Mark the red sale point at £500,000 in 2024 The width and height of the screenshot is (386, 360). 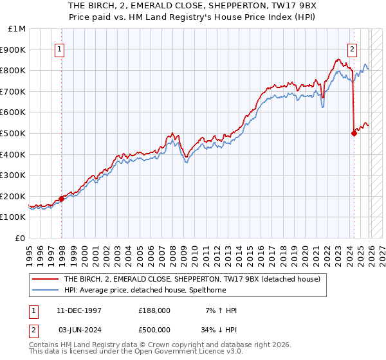point(354,133)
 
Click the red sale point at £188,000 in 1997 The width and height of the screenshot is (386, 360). point(62,199)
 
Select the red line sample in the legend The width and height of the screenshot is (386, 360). point(46,279)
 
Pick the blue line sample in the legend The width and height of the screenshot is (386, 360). point(46,290)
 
